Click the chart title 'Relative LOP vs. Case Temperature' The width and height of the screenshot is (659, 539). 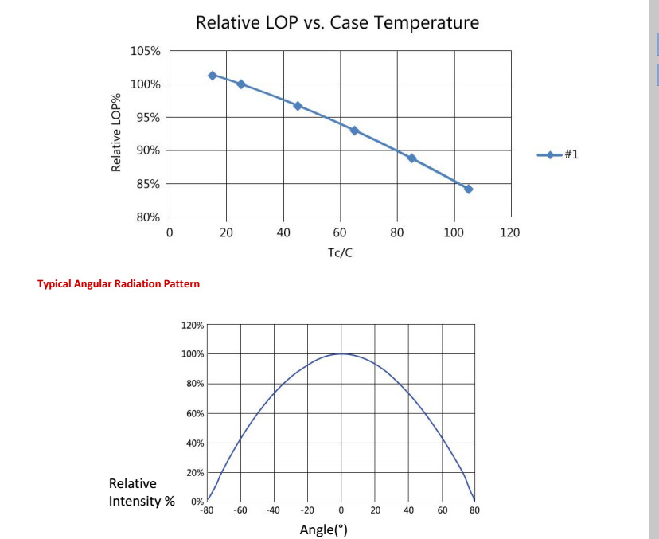337,22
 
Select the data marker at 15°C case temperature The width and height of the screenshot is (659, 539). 213,76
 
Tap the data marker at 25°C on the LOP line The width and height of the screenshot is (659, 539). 241,84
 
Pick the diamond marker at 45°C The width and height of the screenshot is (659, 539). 298,106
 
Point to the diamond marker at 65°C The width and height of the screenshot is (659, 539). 354,131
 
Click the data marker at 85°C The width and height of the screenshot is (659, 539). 411,158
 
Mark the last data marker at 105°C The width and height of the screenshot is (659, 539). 468,189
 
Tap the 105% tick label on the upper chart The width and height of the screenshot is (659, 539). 145,51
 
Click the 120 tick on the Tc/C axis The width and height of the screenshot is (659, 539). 509,232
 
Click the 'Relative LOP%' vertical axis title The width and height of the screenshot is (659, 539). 116,132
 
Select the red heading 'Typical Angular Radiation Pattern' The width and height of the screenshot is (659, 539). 119,283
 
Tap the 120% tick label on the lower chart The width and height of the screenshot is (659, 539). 193,326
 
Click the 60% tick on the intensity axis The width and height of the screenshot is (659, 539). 195,414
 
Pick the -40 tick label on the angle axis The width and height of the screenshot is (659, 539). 273,510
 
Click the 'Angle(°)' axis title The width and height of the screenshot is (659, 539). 324,529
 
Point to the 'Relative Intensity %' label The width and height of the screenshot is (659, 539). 142,492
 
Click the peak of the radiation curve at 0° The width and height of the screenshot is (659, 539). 341,353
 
